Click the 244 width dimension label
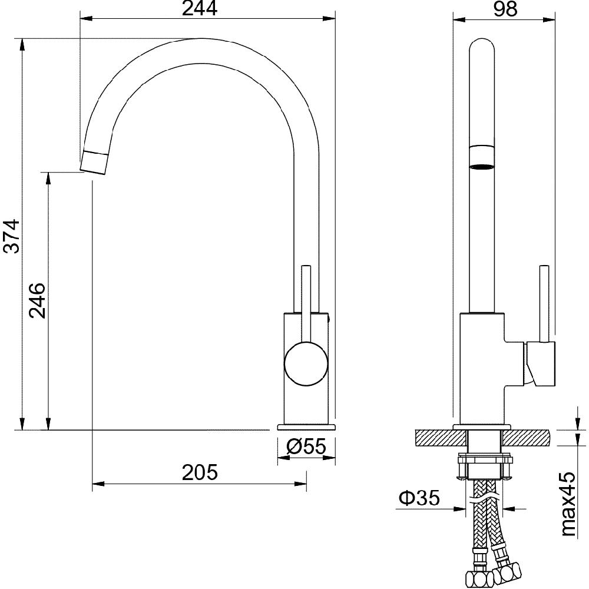click(200, 9)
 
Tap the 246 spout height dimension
click(37, 301)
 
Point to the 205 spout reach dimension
click(200, 472)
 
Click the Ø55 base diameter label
click(306, 446)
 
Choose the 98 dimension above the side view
click(505, 9)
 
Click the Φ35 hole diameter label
click(419, 498)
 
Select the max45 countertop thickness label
click(568, 504)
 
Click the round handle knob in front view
click(306, 363)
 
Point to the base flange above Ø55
click(306, 427)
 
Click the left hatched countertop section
click(441, 438)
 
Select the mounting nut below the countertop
click(484, 467)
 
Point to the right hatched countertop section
click(526, 438)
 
